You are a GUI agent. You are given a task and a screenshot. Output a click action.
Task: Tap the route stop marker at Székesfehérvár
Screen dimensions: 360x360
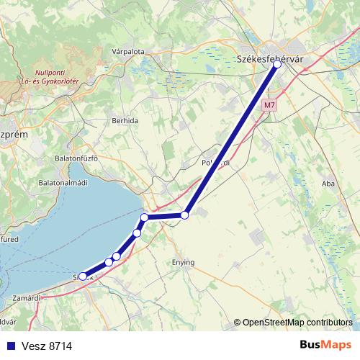pos(277,64)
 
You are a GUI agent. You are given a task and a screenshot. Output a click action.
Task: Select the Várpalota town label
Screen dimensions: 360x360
pos(129,52)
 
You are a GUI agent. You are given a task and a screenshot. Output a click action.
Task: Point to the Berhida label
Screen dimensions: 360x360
pos(125,121)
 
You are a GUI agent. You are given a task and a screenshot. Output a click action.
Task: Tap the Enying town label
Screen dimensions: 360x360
pos(184,263)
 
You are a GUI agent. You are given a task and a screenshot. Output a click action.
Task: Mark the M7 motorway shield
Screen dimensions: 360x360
pos(269,105)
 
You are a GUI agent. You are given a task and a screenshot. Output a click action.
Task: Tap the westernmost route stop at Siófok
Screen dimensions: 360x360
pos(83,276)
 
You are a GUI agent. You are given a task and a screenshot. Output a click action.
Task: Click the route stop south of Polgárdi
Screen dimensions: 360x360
pos(185,215)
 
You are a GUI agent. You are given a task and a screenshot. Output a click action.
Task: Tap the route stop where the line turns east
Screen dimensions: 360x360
pos(145,217)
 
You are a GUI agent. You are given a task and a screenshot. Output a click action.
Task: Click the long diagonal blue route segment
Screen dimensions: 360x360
pos(230,140)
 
